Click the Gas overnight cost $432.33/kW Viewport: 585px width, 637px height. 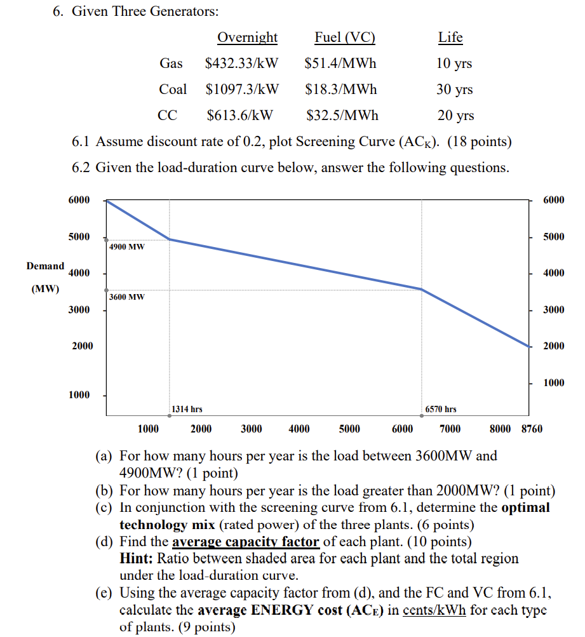tap(245, 64)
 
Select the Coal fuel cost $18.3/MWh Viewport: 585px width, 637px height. tap(340, 90)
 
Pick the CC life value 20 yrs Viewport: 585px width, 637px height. tap(455, 116)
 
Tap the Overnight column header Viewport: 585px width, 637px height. tap(247, 37)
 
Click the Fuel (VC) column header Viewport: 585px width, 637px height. tap(345, 37)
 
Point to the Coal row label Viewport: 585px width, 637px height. tap(173, 90)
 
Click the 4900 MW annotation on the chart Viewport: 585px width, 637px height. tap(126, 246)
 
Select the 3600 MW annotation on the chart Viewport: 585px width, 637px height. tap(126, 297)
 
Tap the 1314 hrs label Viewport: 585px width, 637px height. tap(187, 410)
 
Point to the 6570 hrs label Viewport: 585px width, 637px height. tap(441, 410)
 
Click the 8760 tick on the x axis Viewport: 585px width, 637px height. tap(532, 429)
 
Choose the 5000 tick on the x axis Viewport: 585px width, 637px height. tap(349, 429)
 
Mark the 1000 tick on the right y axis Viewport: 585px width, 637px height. tap(554, 382)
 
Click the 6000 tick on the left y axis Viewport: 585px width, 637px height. tap(79, 200)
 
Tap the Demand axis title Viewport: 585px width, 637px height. tap(45, 266)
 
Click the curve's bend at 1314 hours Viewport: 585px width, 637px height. tap(170, 239)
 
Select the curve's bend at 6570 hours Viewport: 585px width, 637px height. tap(421, 289)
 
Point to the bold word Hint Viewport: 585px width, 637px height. tap(134, 559)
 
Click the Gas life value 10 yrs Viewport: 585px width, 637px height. tap(454, 64)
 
